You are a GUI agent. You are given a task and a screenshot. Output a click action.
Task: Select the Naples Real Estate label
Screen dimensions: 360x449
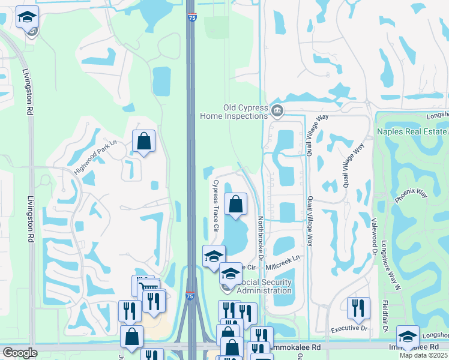point(412,131)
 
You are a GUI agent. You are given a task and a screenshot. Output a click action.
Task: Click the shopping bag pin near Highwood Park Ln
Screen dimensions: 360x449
point(144,142)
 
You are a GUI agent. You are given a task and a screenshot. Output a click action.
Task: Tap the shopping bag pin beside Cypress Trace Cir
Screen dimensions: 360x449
point(235,203)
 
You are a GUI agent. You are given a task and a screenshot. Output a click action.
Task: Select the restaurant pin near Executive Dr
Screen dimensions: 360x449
point(358,308)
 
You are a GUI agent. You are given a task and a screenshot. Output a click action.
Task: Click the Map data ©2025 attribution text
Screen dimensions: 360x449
point(424,355)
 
